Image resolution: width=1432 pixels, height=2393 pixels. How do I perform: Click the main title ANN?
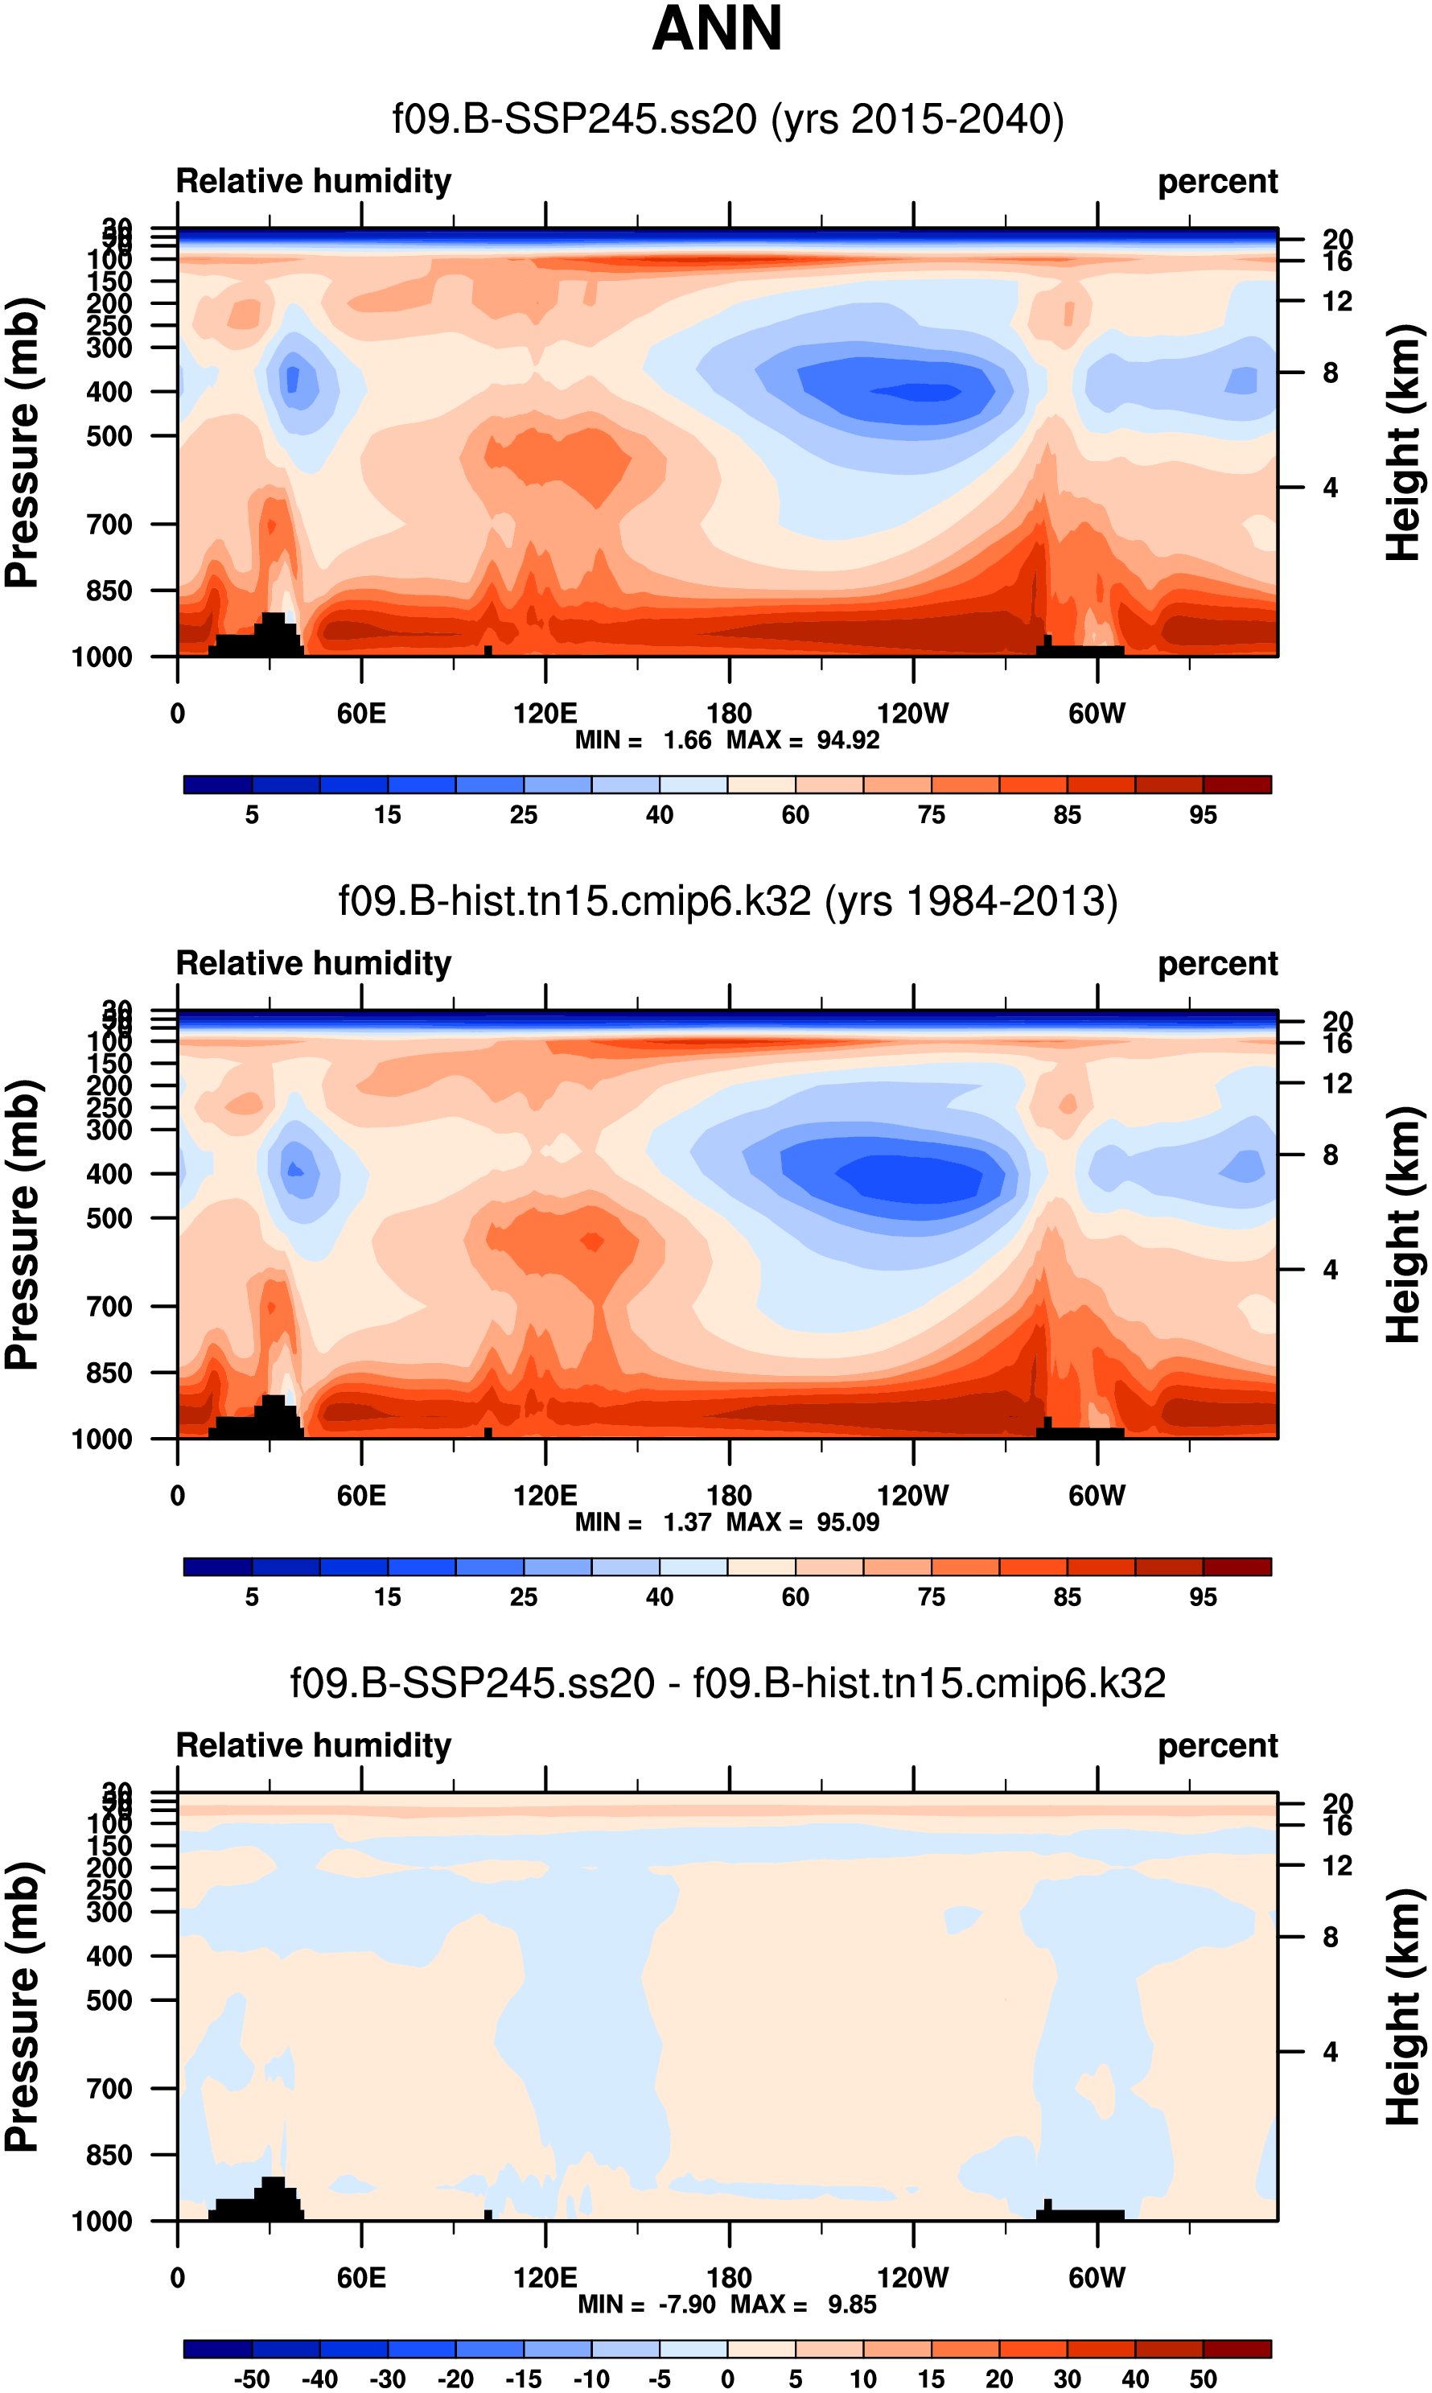tap(716, 29)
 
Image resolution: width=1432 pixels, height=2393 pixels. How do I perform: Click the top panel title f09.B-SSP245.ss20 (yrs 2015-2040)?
tap(727, 120)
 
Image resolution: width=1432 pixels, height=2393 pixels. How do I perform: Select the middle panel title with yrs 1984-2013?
tap(727, 901)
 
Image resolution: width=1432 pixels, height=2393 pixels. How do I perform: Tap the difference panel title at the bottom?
tap(727, 1683)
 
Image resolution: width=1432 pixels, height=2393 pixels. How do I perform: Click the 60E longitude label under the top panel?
tap(361, 714)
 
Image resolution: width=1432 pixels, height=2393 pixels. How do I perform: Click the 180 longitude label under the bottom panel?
tap(729, 2277)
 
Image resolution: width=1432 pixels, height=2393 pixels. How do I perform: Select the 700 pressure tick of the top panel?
tap(109, 525)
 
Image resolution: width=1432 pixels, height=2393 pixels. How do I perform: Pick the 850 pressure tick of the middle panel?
tap(109, 1373)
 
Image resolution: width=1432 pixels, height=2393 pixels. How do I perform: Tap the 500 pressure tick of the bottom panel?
tap(109, 2000)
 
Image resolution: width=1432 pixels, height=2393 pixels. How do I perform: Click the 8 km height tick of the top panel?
tap(1331, 373)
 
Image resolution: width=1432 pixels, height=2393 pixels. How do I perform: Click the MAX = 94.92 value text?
tap(803, 740)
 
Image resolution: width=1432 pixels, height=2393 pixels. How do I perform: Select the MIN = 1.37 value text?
tap(643, 1522)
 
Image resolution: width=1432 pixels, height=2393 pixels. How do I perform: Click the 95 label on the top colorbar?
tap(1203, 815)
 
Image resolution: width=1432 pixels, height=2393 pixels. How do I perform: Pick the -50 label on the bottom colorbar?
tap(251, 2379)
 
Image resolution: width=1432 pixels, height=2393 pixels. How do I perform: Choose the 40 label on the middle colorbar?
tap(659, 1597)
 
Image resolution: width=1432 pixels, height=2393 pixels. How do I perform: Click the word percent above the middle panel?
tap(1217, 964)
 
